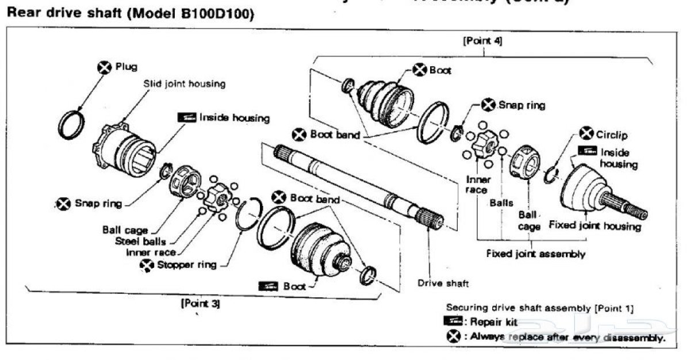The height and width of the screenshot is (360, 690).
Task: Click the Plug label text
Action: coord(126,67)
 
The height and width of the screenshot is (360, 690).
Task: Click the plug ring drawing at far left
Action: coord(73,124)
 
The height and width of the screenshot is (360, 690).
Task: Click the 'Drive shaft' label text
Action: coord(443,283)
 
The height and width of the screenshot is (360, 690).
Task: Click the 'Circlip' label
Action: coord(612,135)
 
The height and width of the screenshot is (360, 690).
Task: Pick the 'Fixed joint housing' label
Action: coord(594,225)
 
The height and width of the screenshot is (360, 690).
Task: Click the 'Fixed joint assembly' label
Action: coord(535,253)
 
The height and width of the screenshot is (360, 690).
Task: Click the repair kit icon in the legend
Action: coord(457,322)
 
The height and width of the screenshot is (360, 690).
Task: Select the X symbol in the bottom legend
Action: coord(457,336)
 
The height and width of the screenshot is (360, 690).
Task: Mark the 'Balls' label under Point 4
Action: coord(501,203)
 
